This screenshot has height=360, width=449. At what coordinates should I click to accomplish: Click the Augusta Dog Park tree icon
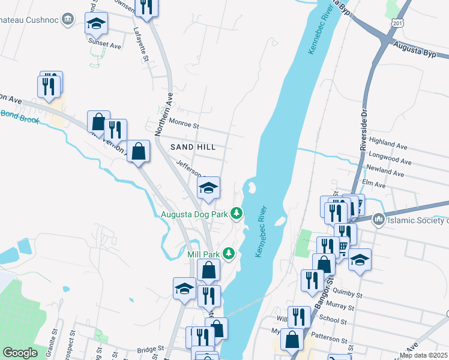237,213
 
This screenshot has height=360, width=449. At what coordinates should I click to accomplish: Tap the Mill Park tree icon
228,254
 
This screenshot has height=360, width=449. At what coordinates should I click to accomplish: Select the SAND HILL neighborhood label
192,146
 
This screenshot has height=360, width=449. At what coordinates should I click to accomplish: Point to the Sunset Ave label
105,45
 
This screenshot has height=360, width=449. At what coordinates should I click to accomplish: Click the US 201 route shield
396,22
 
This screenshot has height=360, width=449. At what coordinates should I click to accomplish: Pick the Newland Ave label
387,171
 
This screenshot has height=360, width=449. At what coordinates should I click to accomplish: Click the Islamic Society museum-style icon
378,220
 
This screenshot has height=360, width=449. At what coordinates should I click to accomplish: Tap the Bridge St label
150,349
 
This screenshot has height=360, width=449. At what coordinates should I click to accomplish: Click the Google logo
20,353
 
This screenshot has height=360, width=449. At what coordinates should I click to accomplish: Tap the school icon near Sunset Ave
96,23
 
